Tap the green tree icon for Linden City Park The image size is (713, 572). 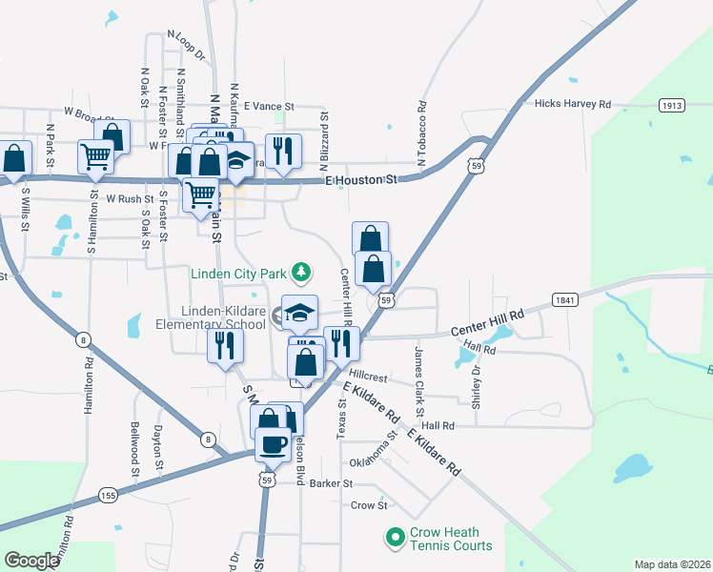point(301,274)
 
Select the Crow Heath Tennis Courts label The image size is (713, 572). point(451,539)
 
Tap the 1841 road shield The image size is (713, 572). point(563,301)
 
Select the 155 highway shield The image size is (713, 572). point(107,495)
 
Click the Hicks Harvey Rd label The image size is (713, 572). point(572,103)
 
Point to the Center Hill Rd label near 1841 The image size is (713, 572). point(487,321)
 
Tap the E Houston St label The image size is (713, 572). point(360,179)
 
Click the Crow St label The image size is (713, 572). point(367,505)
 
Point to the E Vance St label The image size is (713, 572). point(270,107)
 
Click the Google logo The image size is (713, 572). point(31,561)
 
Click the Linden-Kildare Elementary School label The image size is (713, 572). point(223,317)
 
